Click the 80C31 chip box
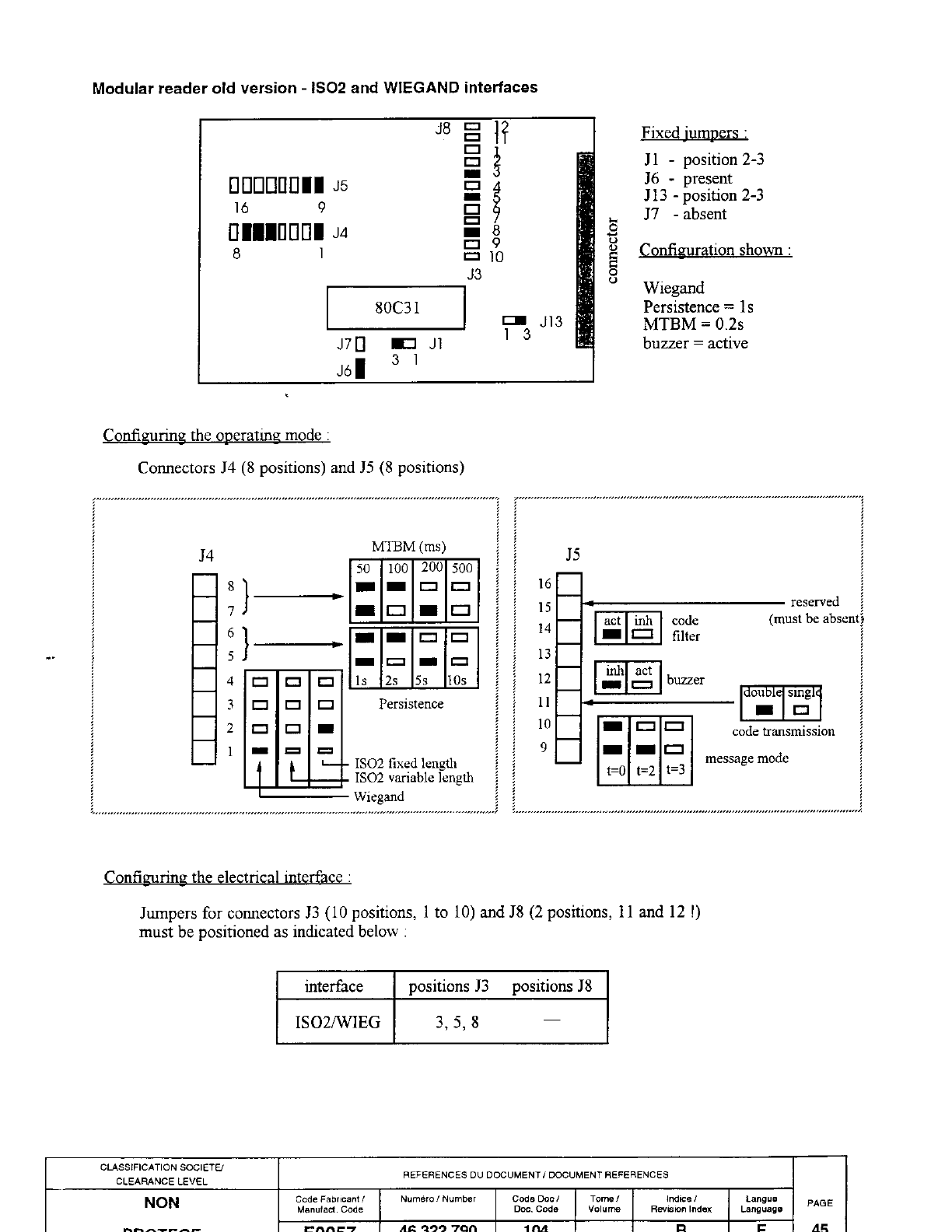[x=396, y=308]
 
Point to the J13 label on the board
[x=551, y=321]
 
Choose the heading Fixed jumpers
[x=695, y=133]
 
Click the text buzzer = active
[x=695, y=343]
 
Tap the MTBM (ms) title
[x=409, y=546]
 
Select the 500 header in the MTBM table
[x=462, y=569]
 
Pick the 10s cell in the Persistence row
[x=457, y=681]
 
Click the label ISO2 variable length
[x=414, y=777]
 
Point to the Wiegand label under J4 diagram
[x=379, y=796]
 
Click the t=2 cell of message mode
[x=645, y=771]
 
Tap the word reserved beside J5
[x=814, y=602]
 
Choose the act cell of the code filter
[x=612, y=621]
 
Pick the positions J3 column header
[x=448, y=986]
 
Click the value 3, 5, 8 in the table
[x=457, y=1021]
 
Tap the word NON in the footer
[x=162, y=1202]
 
